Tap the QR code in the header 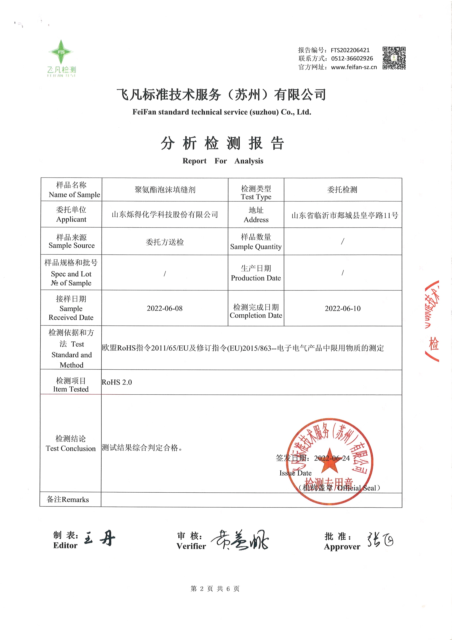pyautogui.click(x=394, y=58)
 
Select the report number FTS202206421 pyautogui.click(x=350, y=50)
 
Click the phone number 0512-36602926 pyautogui.click(x=352, y=59)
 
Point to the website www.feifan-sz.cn pyautogui.click(x=354, y=67)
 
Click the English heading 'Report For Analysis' pyautogui.click(x=223, y=161)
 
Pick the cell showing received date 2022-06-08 pyautogui.click(x=165, y=308)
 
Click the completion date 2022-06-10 pyautogui.click(x=342, y=308)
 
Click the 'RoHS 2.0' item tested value pyautogui.click(x=117, y=382)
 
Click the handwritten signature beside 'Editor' pyautogui.click(x=100, y=538)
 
